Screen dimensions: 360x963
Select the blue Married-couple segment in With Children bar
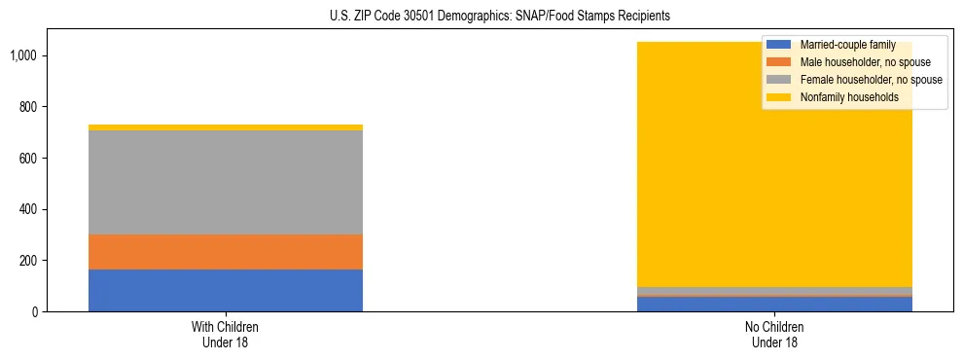tap(226, 290)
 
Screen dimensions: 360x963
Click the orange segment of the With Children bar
tap(226, 252)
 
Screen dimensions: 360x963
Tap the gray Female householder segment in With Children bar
tap(226, 182)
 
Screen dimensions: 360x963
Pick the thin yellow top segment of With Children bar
tap(226, 127)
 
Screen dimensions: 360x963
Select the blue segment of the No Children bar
tap(775, 304)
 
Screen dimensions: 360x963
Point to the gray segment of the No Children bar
tap(775, 291)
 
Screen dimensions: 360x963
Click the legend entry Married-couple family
tap(846, 45)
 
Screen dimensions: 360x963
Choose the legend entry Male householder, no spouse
tap(860, 62)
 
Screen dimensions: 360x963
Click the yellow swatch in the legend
tap(779, 97)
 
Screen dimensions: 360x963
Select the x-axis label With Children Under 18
tap(226, 334)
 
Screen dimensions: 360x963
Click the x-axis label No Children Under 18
tap(775, 334)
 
